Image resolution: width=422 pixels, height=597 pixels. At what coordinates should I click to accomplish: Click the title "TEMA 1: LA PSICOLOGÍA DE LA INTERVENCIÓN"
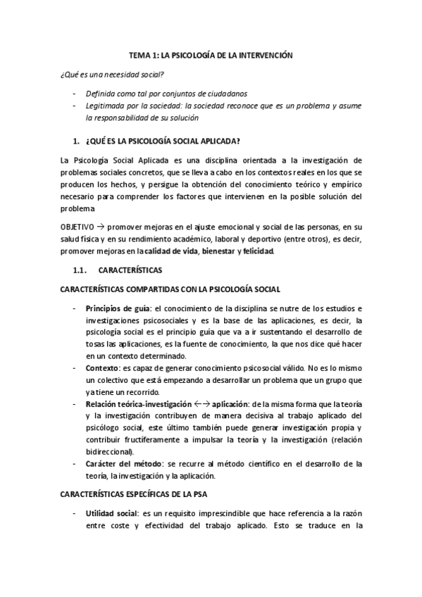211,54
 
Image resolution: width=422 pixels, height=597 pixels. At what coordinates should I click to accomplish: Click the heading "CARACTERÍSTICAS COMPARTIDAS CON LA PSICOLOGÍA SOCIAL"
170,289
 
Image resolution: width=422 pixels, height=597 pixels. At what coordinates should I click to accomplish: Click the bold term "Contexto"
101,368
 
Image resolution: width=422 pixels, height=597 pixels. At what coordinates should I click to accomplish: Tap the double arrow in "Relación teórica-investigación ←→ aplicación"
201,404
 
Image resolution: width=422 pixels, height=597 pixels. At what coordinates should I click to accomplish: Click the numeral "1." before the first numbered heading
77,139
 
